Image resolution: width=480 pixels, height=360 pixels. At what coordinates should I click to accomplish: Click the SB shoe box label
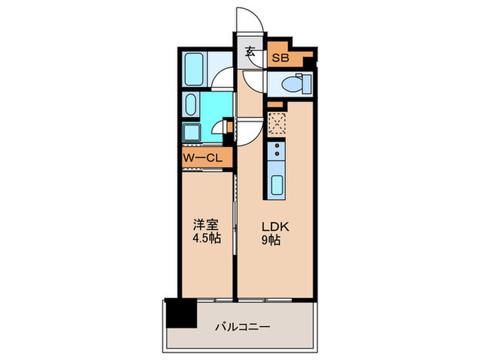point(280,58)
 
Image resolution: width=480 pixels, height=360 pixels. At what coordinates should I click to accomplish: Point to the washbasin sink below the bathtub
point(191,106)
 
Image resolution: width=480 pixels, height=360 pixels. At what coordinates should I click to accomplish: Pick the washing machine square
point(191,132)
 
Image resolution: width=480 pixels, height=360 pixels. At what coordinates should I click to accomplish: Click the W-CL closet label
point(202,158)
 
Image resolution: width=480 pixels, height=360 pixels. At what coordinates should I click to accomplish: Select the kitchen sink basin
point(277,185)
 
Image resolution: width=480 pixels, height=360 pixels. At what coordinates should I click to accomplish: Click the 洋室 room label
point(205,224)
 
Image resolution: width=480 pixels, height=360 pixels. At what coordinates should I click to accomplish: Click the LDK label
point(276,224)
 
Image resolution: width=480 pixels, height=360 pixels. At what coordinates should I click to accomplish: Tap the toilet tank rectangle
point(306,84)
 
